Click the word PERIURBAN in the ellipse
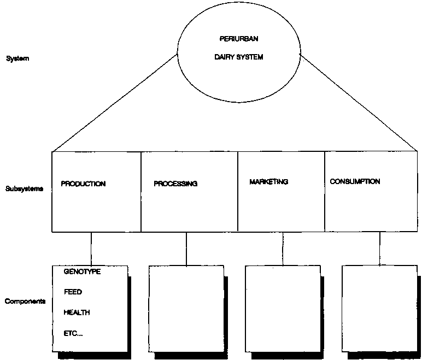(x=239, y=39)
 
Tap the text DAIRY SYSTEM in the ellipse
(x=239, y=57)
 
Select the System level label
(x=17, y=58)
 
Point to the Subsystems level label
(x=24, y=188)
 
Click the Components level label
(x=25, y=302)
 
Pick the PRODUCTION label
(x=83, y=184)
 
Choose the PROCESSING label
(x=175, y=184)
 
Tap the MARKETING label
(x=268, y=182)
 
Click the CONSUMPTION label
(x=355, y=181)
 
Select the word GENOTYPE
(x=83, y=272)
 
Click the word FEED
(x=73, y=292)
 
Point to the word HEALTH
(x=77, y=312)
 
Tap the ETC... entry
(x=73, y=334)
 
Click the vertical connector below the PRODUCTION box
(x=91, y=249)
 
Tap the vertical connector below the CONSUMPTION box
(x=380, y=249)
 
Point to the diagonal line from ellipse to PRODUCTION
(x=115, y=103)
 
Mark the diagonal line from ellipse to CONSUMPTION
(x=359, y=102)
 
